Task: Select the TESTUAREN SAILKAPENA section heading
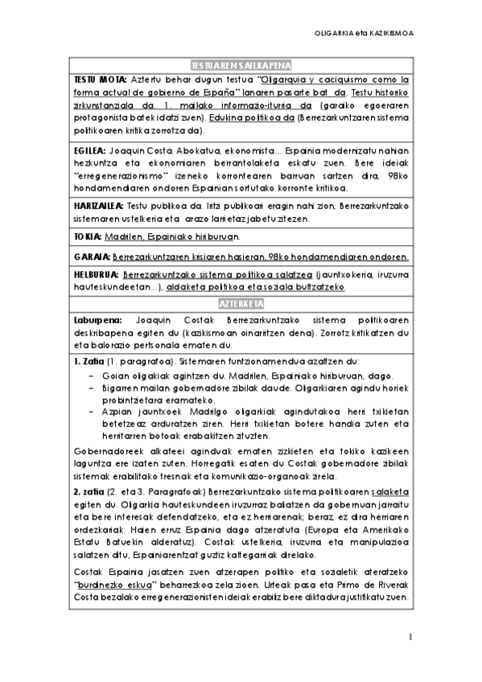coord(241,66)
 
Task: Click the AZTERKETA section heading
coord(241,302)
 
